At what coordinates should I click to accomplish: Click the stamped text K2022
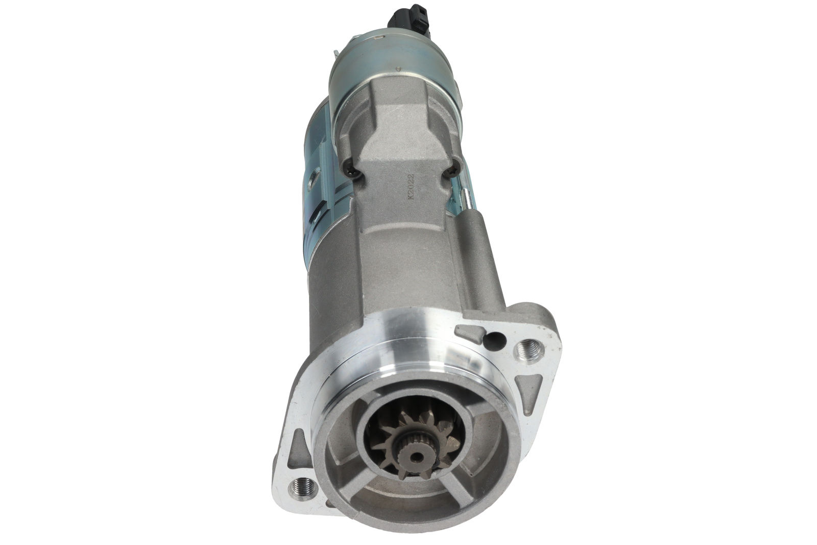pos(411,186)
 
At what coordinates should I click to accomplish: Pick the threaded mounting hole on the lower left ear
pos(302,486)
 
